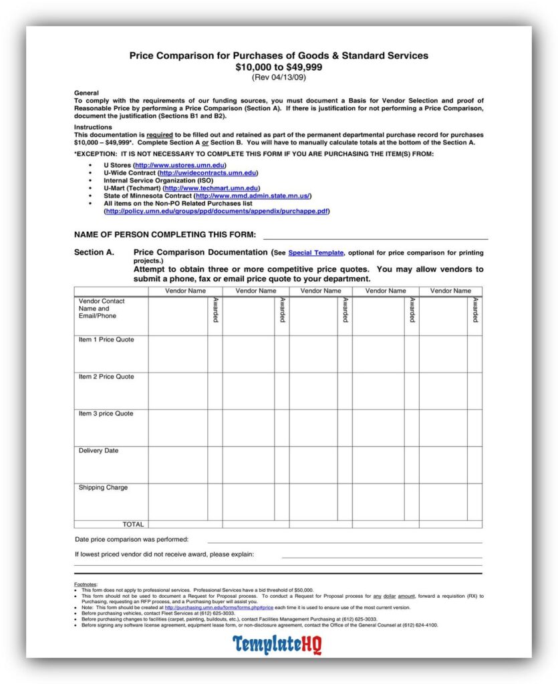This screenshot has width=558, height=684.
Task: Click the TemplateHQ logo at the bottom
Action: click(x=277, y=645)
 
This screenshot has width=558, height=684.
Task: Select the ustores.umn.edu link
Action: click(x=180, y=165)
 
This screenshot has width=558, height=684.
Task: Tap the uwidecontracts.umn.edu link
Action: click(x=207, y=173)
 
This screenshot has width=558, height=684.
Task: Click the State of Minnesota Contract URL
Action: click(x=252, y=196)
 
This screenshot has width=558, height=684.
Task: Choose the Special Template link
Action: click(x=315, y=253)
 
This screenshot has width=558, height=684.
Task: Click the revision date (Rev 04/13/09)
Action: click(x=279, y=77)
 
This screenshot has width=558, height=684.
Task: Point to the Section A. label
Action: click(x=94, y=252)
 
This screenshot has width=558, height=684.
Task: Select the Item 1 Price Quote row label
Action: click(x=106, y=340)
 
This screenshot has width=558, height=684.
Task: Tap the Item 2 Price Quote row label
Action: click(x=106, y=377)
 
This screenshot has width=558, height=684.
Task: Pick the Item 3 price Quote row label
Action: click(x=106, y=414)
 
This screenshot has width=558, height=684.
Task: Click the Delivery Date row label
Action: click(x=98, y=451)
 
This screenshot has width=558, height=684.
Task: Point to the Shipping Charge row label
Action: click(x=103, y=488)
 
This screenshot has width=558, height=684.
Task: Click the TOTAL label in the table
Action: click(x=133, y=524)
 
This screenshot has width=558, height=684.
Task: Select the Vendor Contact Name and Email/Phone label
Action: click(x=102, y=309)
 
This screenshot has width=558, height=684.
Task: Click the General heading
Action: click(x=86, y=93)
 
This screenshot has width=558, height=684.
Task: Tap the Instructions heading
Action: click(x=92, y=127)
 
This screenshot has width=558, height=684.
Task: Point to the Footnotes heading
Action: click(x=86, y=584)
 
